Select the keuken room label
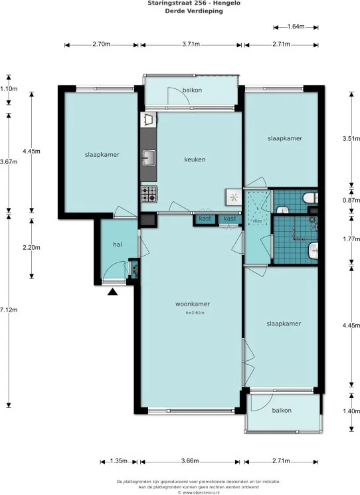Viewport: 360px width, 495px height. coord(195,159)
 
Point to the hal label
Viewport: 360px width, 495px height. coord(118,245)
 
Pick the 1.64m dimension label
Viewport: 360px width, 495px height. coord(296,27)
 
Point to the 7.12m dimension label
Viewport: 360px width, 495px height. coord(9,310)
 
